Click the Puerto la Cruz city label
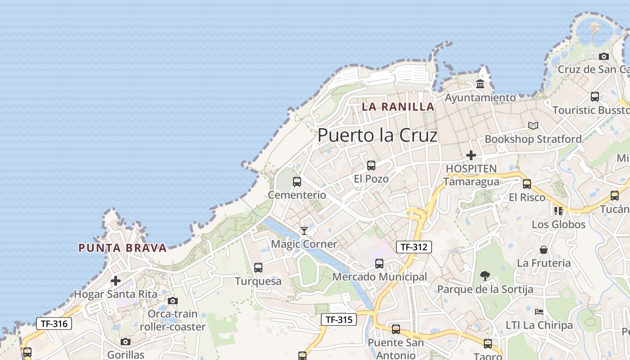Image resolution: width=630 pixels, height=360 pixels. (x=377, y=135)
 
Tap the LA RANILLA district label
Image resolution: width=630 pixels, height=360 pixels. (x=398, y=107)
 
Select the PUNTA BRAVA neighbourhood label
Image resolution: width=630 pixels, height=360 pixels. (x=122, y=248)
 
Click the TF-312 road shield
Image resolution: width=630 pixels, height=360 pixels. (x=414, y=247)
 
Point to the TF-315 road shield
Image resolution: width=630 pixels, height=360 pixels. (x=339, y=319)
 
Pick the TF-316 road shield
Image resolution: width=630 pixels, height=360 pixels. (x=54, y=323)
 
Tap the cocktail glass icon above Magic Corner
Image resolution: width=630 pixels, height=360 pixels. (x=304, y=231)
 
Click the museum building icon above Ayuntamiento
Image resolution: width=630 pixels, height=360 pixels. (x=480, y=84)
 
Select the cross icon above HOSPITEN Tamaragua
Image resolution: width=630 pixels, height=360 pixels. (x=471, y=155)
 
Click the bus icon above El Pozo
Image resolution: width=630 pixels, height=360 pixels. (x=371, y=166)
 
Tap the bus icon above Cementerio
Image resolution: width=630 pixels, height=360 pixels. (x=297, y=182)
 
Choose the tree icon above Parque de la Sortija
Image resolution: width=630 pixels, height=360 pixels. (x=485, y=275)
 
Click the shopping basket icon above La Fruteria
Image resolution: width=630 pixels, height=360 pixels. (x=544, y=250)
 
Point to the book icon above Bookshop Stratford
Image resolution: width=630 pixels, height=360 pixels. (x=533, y=126)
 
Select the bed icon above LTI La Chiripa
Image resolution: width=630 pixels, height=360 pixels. (x=539, y=311)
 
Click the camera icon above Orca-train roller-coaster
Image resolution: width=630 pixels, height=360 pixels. (x=172, y=301)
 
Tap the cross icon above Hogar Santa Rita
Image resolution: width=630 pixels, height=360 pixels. (x=116, y=281)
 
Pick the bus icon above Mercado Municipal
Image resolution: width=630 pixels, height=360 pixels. (x=379, y=264)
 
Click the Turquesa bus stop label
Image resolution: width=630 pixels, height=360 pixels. (x=258, y=281)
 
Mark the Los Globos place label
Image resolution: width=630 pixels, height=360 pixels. (x=558, y=224)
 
